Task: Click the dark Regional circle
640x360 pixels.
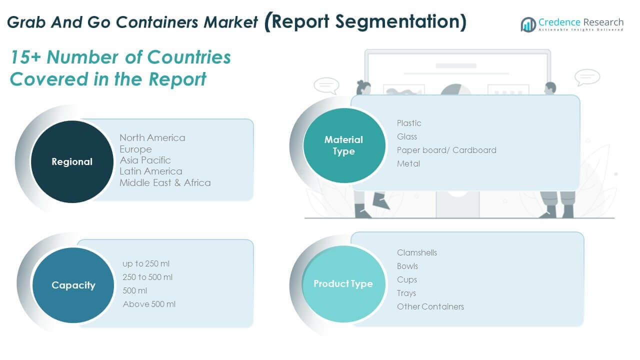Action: click(x=72, y=161)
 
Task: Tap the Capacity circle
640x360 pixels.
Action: click(x=73, y=285)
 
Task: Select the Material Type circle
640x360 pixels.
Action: click(x=343, y=145)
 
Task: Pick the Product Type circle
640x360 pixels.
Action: click(x=343, y=283)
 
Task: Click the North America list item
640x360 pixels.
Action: click(x=152, y=137)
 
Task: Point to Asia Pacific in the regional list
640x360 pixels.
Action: click(x=145, y=160)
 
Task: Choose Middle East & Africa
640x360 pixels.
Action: click(x=165, y=182)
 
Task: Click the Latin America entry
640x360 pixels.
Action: click(x=150, y=171)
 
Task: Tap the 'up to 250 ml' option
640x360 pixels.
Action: click(x=146, y=263)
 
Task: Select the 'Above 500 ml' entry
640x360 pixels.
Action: click(x=149, y=304)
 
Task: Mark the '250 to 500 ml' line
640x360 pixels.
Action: click(x=147, y=277)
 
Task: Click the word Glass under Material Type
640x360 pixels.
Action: click(x=406, y=136)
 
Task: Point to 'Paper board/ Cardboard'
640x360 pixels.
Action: click(x=446, y=150)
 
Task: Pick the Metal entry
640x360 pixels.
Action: click(x=408, y=163)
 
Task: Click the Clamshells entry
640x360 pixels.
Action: click(x=416, y=252)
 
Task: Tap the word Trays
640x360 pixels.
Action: click(x=406, y=293)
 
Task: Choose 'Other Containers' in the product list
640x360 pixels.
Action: click(x=430, y=306)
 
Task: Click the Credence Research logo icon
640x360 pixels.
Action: click(x=528, y=24)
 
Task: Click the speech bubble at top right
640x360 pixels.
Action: click(x=587, y=77)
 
